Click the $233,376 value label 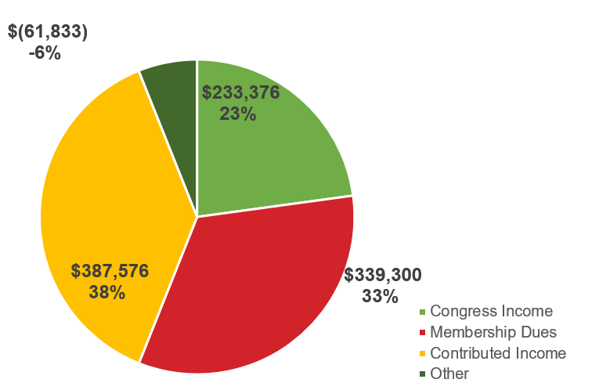tap(240, 92)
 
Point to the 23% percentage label tap(238, 114)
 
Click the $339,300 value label tap(383, 275)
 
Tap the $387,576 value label tap(110, 271)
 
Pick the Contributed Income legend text tap(498, 353)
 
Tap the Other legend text tap(449, 374)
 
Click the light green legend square tap(423, 312)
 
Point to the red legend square tap(423, 333)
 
